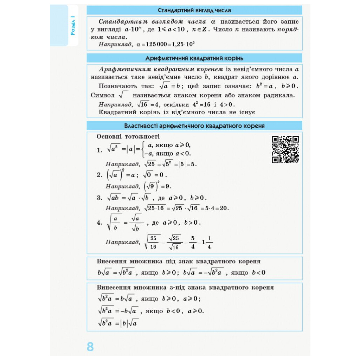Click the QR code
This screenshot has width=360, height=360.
point(285,149)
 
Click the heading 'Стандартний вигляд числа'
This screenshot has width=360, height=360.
point(194,10)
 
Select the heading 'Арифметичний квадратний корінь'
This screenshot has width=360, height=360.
point(194,58)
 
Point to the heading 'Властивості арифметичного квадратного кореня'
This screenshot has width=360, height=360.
point(194,126)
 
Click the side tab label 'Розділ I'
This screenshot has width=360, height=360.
point(73,26)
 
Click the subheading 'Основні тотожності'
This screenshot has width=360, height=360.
point(128,137)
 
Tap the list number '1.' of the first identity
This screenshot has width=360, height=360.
point(100,150)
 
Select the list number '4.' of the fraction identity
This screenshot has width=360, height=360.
point(99,222)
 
